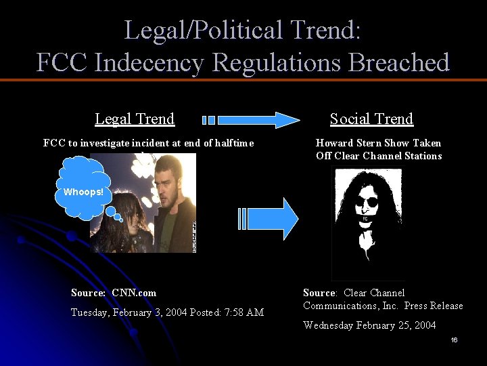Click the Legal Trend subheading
coord(135,119)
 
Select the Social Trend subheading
coord(371,119)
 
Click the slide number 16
coord(454,340)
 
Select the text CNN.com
coord(134,293)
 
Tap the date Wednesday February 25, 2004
coord(369,325)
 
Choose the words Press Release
coord(434,306)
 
